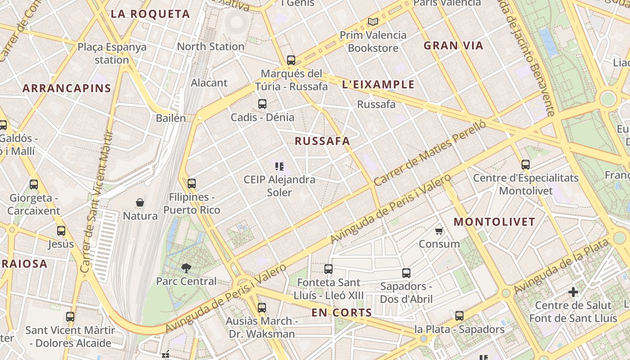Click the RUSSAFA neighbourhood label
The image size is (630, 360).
point(322,141)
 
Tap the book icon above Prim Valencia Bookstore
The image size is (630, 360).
point(373,22)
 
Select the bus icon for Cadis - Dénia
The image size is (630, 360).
point(262,104)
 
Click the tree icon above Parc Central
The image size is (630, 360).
point(186,268)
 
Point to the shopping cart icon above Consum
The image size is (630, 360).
point(439,231)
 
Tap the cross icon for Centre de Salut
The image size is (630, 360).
point(573,292)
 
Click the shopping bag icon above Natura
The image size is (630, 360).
point(140,203)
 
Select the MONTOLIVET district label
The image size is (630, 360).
point(494,222)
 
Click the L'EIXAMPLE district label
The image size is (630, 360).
point(378,85)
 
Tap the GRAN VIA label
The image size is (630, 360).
point(453,45)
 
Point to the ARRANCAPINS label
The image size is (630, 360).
point(67,88)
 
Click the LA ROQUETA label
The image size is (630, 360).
point(150,14)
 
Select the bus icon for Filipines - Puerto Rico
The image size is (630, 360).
point(192,184)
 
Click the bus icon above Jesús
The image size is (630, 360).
point(61,231)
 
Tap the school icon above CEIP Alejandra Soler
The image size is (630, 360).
point(279,166)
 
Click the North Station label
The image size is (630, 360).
point(211,46)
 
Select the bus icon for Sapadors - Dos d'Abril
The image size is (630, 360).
point(406,273)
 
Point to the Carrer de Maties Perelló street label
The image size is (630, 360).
point(430,153)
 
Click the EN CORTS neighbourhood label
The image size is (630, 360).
point(342,313)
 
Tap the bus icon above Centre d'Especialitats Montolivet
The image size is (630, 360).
point(525,165)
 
